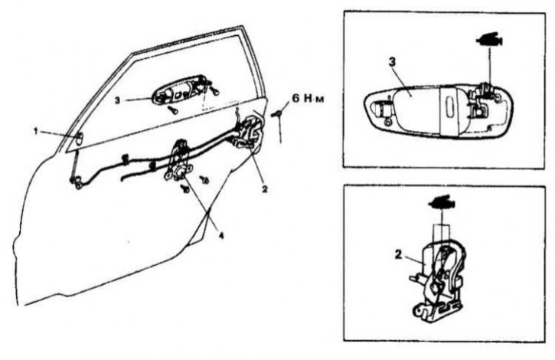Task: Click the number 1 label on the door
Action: [35, 132]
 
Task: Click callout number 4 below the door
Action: [221, 235]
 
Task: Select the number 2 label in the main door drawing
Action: [264, 189]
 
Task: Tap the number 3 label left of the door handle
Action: [118, 100]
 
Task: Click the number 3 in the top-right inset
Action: [392, 61]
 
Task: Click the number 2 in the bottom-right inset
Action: [399, 254]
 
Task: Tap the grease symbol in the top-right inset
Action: [489, 39]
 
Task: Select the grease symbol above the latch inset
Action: [442, 202]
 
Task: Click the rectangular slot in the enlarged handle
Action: [450, 107]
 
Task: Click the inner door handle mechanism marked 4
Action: [179, 160]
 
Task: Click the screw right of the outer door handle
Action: [214, 91]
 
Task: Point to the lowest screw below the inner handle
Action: [184, 189]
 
